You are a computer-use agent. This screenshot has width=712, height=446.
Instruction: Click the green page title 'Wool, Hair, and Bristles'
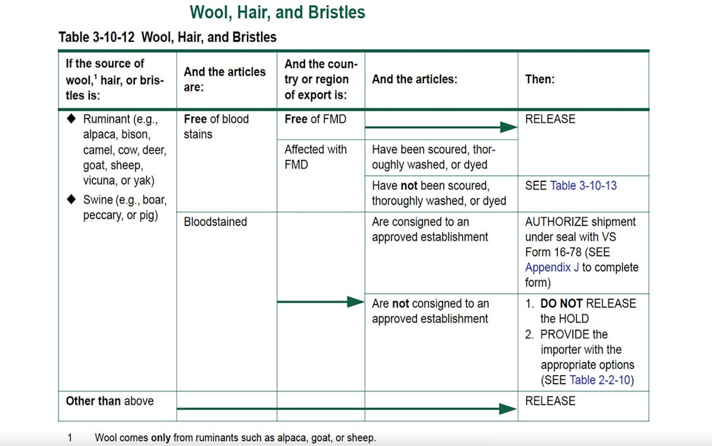278,13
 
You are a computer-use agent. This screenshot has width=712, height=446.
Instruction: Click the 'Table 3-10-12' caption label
96,37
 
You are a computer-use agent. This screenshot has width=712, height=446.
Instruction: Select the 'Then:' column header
539,79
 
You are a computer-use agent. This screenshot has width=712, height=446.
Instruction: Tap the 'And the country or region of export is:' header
321,79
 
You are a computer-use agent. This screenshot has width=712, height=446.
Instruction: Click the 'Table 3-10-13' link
583,185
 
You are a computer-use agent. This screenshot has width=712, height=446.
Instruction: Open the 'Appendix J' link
552,267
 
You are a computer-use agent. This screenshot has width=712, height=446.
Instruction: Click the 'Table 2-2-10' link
600,380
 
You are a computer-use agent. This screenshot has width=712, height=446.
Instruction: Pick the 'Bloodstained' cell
215,222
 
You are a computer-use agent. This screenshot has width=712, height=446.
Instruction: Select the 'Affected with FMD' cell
315,157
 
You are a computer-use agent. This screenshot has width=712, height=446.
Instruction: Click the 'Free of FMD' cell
315,119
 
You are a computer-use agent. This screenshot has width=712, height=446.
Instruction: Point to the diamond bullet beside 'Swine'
72,199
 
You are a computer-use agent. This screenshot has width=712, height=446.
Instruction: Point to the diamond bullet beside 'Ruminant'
72,118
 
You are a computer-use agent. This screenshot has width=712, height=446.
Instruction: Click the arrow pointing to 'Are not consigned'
321,302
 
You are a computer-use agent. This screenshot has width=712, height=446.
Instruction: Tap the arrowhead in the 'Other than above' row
507,409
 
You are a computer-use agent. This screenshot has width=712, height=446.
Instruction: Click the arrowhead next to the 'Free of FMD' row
508,127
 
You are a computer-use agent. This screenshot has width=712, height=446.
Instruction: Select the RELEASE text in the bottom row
550,401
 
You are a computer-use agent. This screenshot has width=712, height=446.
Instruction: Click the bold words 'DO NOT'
561,304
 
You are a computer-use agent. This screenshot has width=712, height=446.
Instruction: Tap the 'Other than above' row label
110,401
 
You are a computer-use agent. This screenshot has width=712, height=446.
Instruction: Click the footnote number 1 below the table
70,438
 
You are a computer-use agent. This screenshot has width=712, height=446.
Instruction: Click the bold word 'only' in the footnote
161,438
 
